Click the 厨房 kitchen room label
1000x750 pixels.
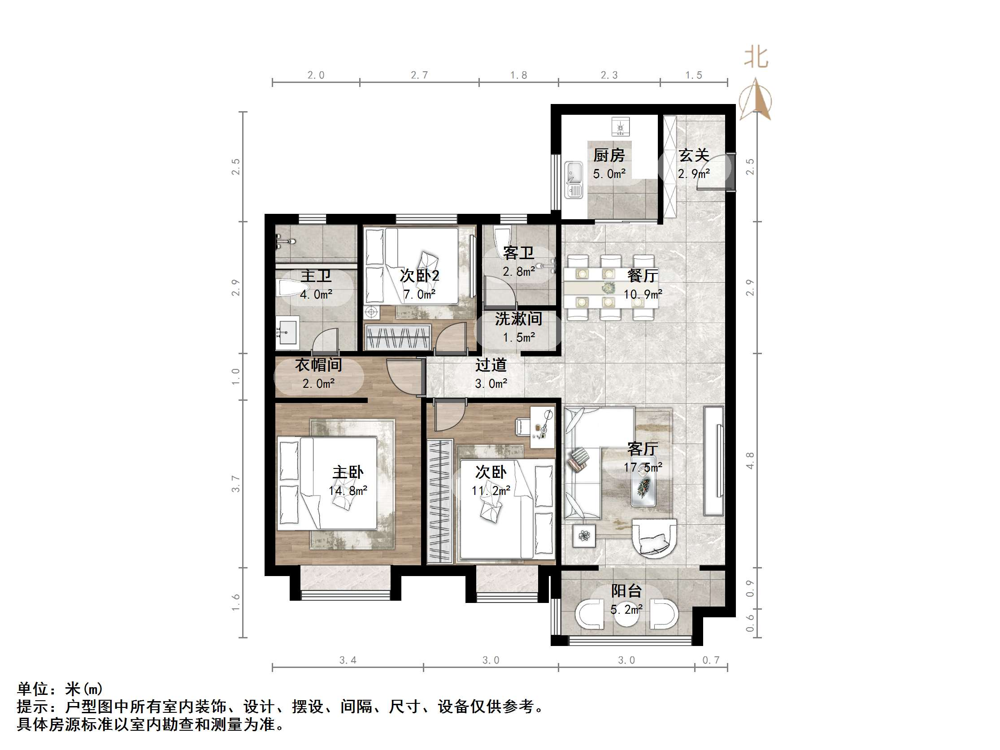[609, 156]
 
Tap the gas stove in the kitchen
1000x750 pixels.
[620, 126]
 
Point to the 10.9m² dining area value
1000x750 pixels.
[643, 294]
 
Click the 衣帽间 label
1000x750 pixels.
[318, 365]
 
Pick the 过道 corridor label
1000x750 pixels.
[491, 365]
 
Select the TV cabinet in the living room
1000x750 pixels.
[713, 461]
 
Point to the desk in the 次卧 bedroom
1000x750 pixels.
[542, 427]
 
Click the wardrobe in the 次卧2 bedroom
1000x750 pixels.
[398, 337]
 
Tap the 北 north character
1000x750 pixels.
[757, 58]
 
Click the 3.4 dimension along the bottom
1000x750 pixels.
[348, 660]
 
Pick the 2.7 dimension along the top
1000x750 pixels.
[419, 75]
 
